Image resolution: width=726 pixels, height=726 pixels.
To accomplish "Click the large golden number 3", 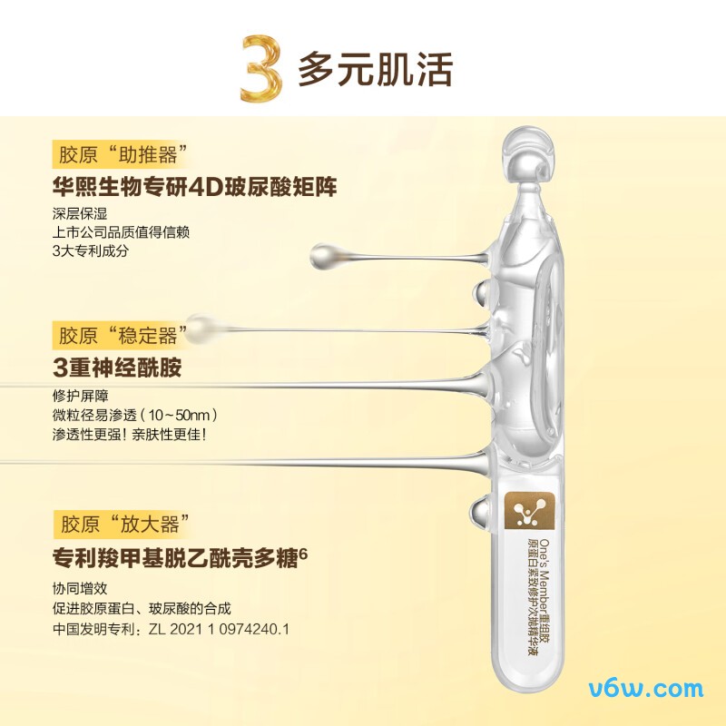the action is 261,68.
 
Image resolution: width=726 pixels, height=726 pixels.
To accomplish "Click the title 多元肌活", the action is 375,70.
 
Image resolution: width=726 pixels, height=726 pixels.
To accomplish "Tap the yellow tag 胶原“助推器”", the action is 122,154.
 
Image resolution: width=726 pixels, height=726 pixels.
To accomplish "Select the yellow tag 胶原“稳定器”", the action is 122,335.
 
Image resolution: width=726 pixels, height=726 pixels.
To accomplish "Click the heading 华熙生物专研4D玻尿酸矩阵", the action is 194,187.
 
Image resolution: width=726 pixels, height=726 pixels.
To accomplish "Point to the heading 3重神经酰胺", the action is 117,368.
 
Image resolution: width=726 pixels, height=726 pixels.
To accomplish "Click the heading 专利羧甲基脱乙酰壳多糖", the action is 175,558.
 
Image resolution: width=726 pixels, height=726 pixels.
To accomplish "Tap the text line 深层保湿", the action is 80,213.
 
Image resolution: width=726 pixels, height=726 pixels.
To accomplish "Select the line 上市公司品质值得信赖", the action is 121,232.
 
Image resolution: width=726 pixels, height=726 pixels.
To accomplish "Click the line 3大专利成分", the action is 90,251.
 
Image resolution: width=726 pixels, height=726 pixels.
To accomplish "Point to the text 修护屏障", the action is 80,396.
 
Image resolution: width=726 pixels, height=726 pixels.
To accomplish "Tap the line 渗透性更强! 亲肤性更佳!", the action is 129,435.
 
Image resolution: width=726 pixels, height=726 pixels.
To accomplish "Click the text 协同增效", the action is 80,588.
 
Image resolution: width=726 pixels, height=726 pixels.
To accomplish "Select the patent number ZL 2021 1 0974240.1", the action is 219,629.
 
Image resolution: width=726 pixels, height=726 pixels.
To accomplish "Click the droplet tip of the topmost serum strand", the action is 323,257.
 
